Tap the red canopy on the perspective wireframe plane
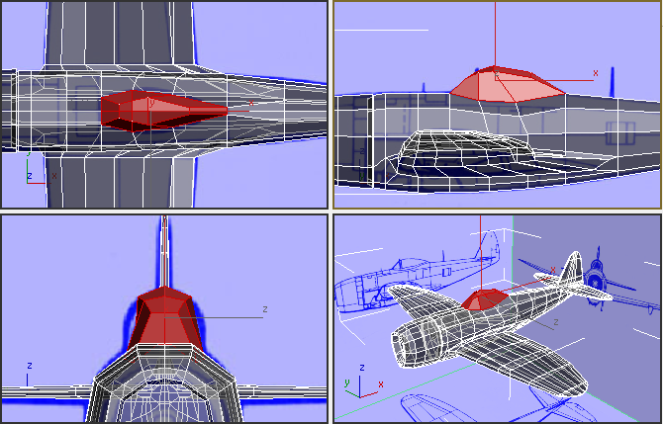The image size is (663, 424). click(485, 300)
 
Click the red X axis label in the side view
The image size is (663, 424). click(595, 73)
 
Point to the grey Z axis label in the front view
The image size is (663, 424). click(264, 309)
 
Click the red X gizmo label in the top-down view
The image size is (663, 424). click(251, 102)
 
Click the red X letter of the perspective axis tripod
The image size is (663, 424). click(381, 384)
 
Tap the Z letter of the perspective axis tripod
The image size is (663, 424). click(361, 367)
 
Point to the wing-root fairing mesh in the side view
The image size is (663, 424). click(465, 153)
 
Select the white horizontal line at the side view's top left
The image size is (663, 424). click(381, 30)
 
